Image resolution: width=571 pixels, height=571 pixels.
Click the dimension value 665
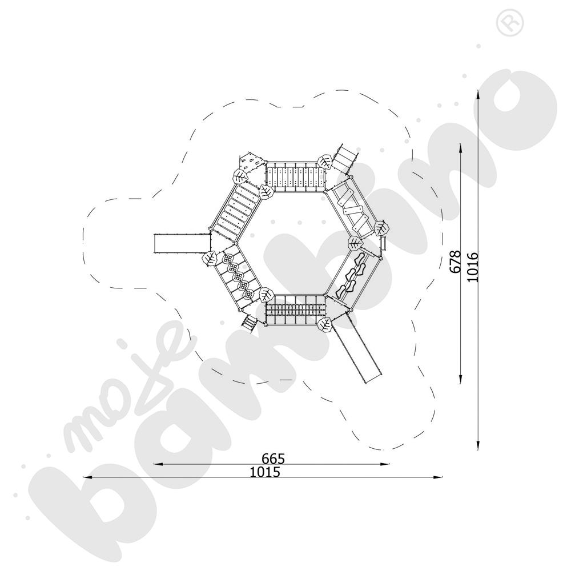click(x=273, y=458)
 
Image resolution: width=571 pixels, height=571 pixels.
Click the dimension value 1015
click(x=265, y=472)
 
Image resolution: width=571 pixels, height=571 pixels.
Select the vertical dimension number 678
click(x=455, y=261)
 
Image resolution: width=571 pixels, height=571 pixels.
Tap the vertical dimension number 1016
click(x=472, y=267)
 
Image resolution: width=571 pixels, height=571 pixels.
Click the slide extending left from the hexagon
click(x=182, y=243)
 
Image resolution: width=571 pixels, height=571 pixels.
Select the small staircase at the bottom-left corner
click(x=248, y=323)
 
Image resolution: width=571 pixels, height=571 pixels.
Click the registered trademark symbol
click(x=509, y=22)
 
